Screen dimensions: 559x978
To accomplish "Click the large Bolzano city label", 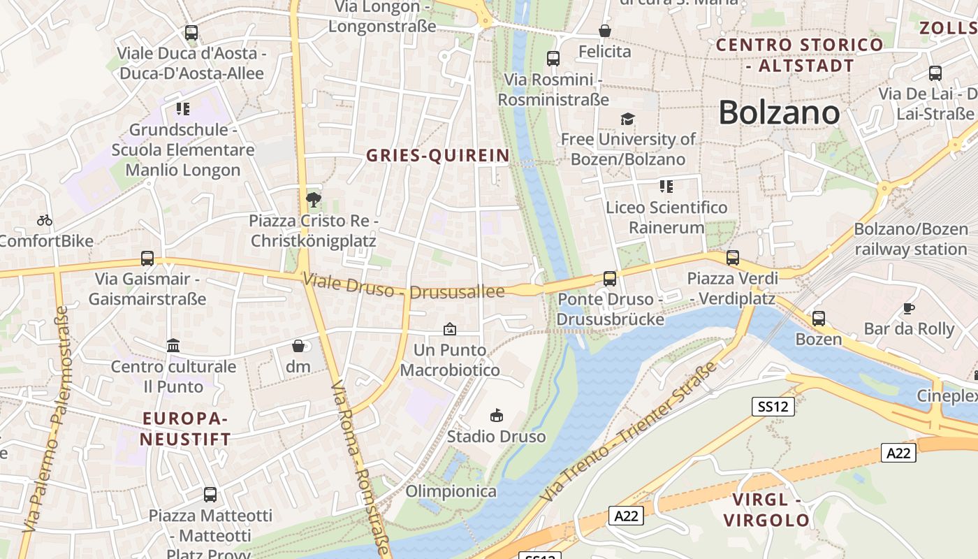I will [779, 112].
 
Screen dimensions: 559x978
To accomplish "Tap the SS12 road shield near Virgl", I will [773, 407].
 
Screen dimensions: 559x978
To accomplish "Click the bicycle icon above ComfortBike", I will [45, 220].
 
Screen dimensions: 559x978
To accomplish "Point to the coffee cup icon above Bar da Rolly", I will [908, 307].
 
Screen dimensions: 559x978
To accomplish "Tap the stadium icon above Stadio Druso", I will [497, 416].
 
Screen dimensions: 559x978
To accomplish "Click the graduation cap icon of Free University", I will [627, 119].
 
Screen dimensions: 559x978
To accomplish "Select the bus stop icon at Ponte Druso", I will [609, 279].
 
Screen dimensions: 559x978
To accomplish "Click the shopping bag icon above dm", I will [298, 346].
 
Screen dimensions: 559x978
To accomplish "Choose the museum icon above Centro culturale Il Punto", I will [173, 345].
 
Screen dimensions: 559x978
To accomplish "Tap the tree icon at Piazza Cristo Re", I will [313, 201].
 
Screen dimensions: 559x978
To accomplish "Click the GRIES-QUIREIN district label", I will [438, 156].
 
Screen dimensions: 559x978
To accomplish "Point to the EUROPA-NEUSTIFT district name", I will [185, 429].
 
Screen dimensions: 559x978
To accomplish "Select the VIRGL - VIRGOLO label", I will [766, 510].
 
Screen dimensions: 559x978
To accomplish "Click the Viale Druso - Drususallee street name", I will [404, 286].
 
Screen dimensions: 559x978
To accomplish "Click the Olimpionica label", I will [451, 491].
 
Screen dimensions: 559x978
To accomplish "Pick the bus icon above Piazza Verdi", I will [732, 258].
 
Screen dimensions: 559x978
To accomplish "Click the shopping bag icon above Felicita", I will [605, 31].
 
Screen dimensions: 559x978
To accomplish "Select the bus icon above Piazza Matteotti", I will [210, 495].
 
